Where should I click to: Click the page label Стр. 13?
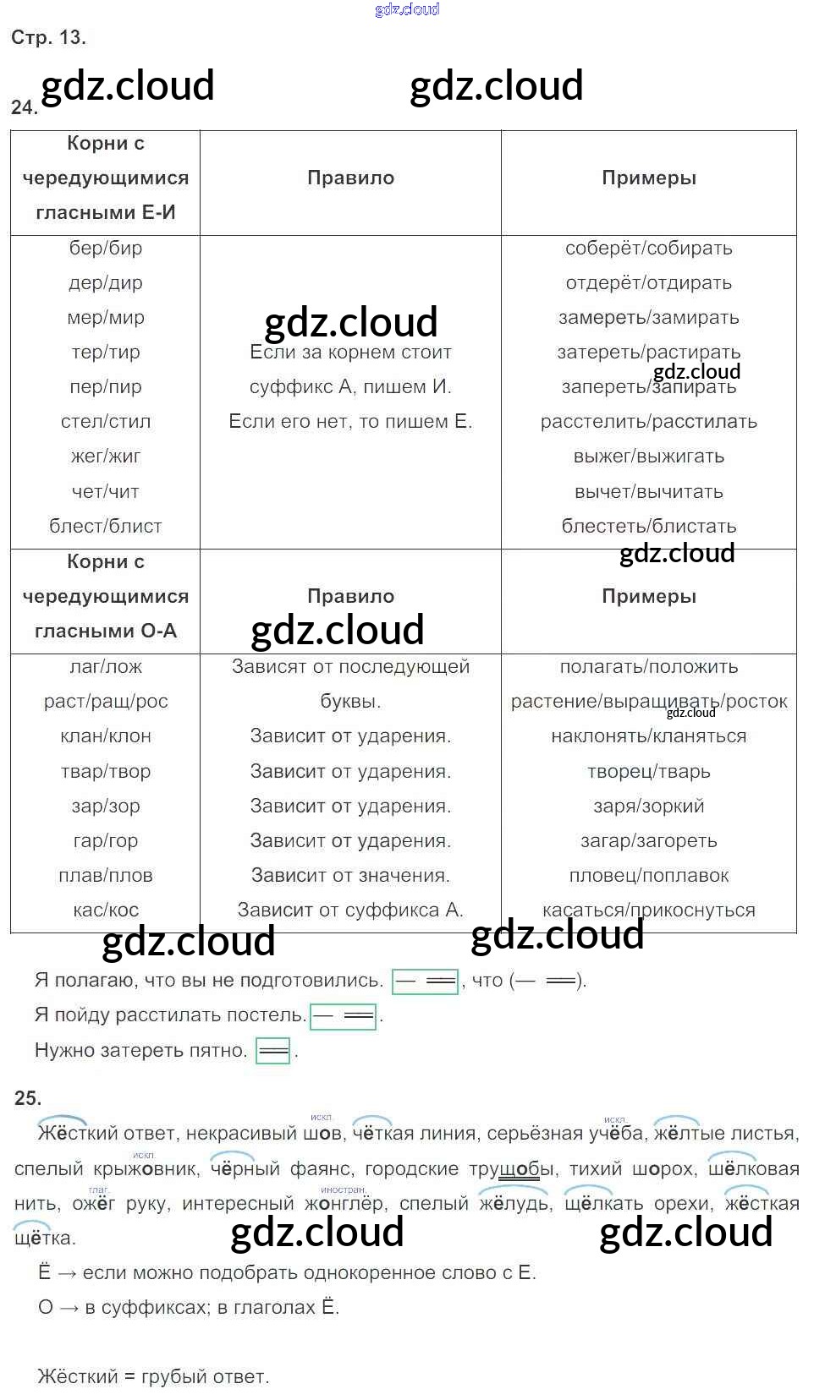pos(48,37)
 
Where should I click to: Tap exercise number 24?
pos(23,107)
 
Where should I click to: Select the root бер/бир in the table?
pos(105,248)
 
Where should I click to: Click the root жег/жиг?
pos(105,457)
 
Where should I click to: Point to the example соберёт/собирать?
pos(648,248)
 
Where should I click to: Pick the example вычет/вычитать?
pos(648,491)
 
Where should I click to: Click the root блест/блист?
pos(105,526)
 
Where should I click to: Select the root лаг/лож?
pos(105,666)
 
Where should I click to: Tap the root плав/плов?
pos(105,875)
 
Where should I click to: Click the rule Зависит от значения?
pos(350,875)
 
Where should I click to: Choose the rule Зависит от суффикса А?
pos(350,910)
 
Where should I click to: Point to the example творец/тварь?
pos(648,771)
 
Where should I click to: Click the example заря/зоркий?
pos(648,806)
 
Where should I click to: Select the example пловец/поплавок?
pos(648,875)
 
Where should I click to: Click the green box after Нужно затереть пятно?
pos(272,1051)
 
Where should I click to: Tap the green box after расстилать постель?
pos(343,1015)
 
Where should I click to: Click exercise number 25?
pos(27,1097)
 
